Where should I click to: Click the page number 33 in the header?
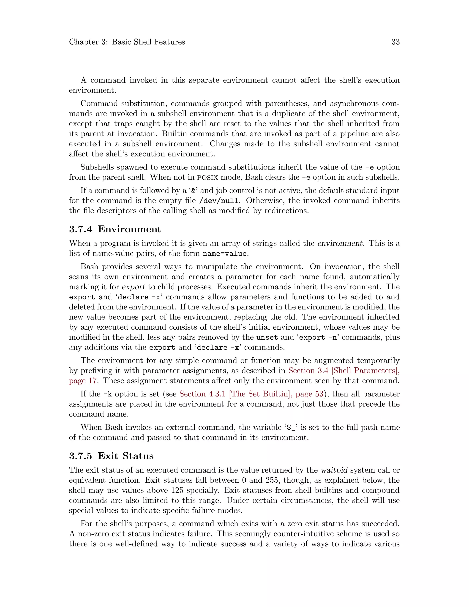(395, 42)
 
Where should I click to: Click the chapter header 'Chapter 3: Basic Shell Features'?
(127, 42)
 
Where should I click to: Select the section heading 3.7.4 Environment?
(115, 229)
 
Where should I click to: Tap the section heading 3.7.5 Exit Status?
(111, 456)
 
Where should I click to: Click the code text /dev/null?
(219, 201)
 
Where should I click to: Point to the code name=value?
(224, 254)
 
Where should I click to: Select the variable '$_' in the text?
(291, 427)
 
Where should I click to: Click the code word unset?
(267, 337)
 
